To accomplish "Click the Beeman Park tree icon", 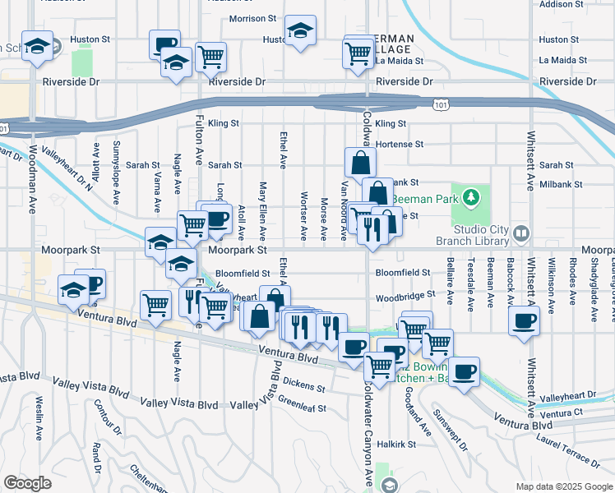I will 469,197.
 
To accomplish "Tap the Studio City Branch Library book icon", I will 520,235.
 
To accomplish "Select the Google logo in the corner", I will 27,483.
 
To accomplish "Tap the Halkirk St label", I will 405,444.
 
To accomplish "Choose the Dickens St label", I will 304,384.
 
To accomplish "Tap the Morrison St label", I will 252,18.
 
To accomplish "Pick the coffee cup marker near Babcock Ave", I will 524,320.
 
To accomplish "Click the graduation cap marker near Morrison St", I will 300,31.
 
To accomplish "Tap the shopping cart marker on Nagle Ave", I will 155,306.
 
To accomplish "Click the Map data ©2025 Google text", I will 563,486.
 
